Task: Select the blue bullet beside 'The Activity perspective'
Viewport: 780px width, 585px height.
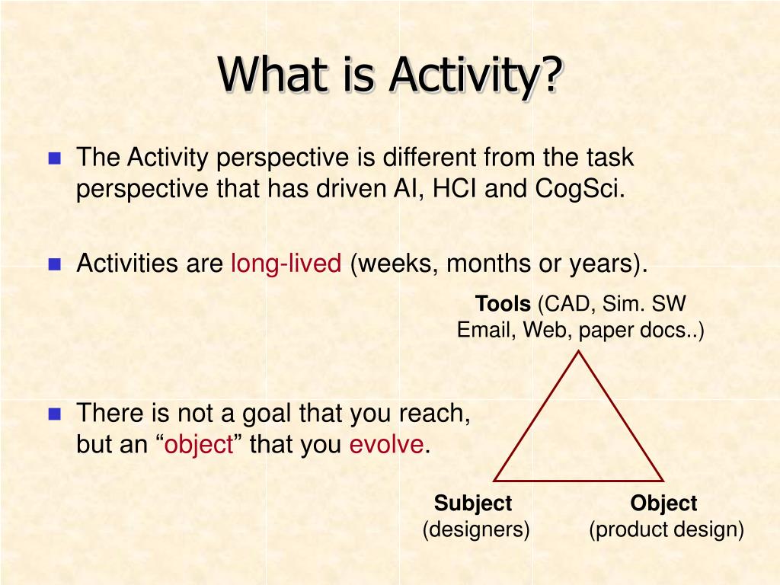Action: (55, 158)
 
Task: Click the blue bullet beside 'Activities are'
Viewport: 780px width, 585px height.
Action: (55, 264)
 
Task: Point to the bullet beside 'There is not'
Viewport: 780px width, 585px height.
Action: (55, 414)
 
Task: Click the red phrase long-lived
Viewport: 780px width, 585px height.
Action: (286, 263)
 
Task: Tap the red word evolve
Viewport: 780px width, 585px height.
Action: (386, 444)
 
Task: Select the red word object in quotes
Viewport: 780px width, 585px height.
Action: (199, 445)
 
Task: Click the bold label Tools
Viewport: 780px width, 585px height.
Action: (503, 303)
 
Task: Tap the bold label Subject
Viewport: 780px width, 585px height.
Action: (472, 503)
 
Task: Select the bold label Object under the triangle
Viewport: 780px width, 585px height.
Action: (663, 503)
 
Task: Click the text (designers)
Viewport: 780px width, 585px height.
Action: (476, 529)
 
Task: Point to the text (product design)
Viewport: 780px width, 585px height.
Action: (667, 529)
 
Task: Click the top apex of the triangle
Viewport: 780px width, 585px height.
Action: (579, 351)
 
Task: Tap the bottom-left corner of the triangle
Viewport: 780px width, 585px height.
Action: (494, 481)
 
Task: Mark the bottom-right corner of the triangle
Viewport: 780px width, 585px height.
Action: (663, 481)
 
